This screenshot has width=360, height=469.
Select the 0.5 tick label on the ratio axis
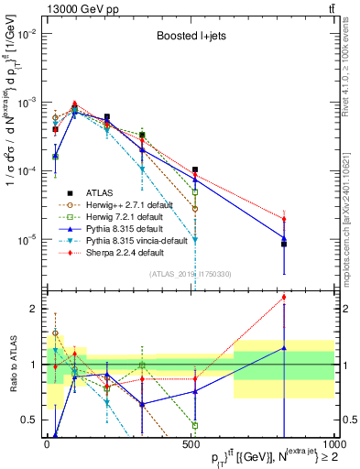[33, 420]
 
